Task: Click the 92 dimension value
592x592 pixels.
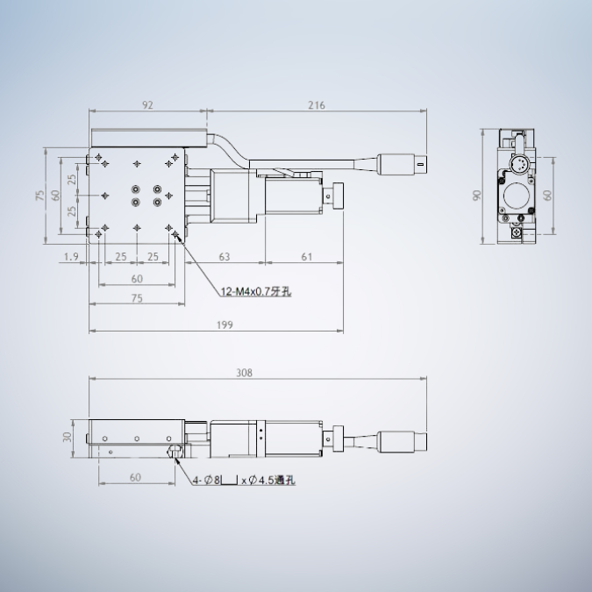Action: point(147,105)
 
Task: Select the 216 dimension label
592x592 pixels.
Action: point(317,105)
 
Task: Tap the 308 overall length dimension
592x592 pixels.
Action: point(244,373)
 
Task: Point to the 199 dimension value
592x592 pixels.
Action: point(225,325)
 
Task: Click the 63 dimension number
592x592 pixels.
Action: point(225,257)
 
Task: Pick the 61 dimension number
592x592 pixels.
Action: point(307,257)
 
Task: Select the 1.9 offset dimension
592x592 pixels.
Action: point(71,257)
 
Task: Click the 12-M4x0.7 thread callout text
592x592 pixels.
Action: point(256,291)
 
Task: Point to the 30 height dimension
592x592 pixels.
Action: point(68,438)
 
